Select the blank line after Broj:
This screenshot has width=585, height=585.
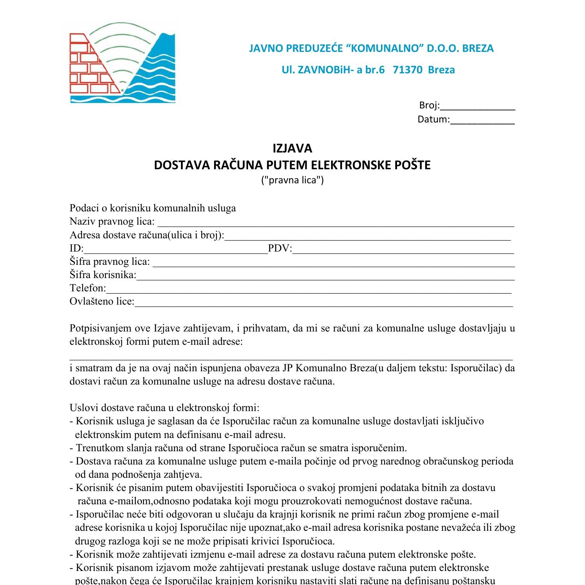click(x=478, y=108)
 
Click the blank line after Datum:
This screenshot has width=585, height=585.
click(x=482, y=122)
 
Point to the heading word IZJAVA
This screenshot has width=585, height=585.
click(x=292, y=149)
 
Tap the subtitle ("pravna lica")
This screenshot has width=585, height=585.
click(x=292, y=180)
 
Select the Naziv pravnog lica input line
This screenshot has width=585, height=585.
click(x=335, y=224)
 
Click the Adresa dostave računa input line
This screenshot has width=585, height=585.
click(x=368, y=238)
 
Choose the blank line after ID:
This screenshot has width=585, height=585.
click(x=175, y=251)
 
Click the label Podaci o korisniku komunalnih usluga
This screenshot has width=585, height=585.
click(x=152, y=208)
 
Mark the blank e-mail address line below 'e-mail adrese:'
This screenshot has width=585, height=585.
click(x=291, y=358)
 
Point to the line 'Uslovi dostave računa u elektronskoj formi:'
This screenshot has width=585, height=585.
click(x=164, y=408)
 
